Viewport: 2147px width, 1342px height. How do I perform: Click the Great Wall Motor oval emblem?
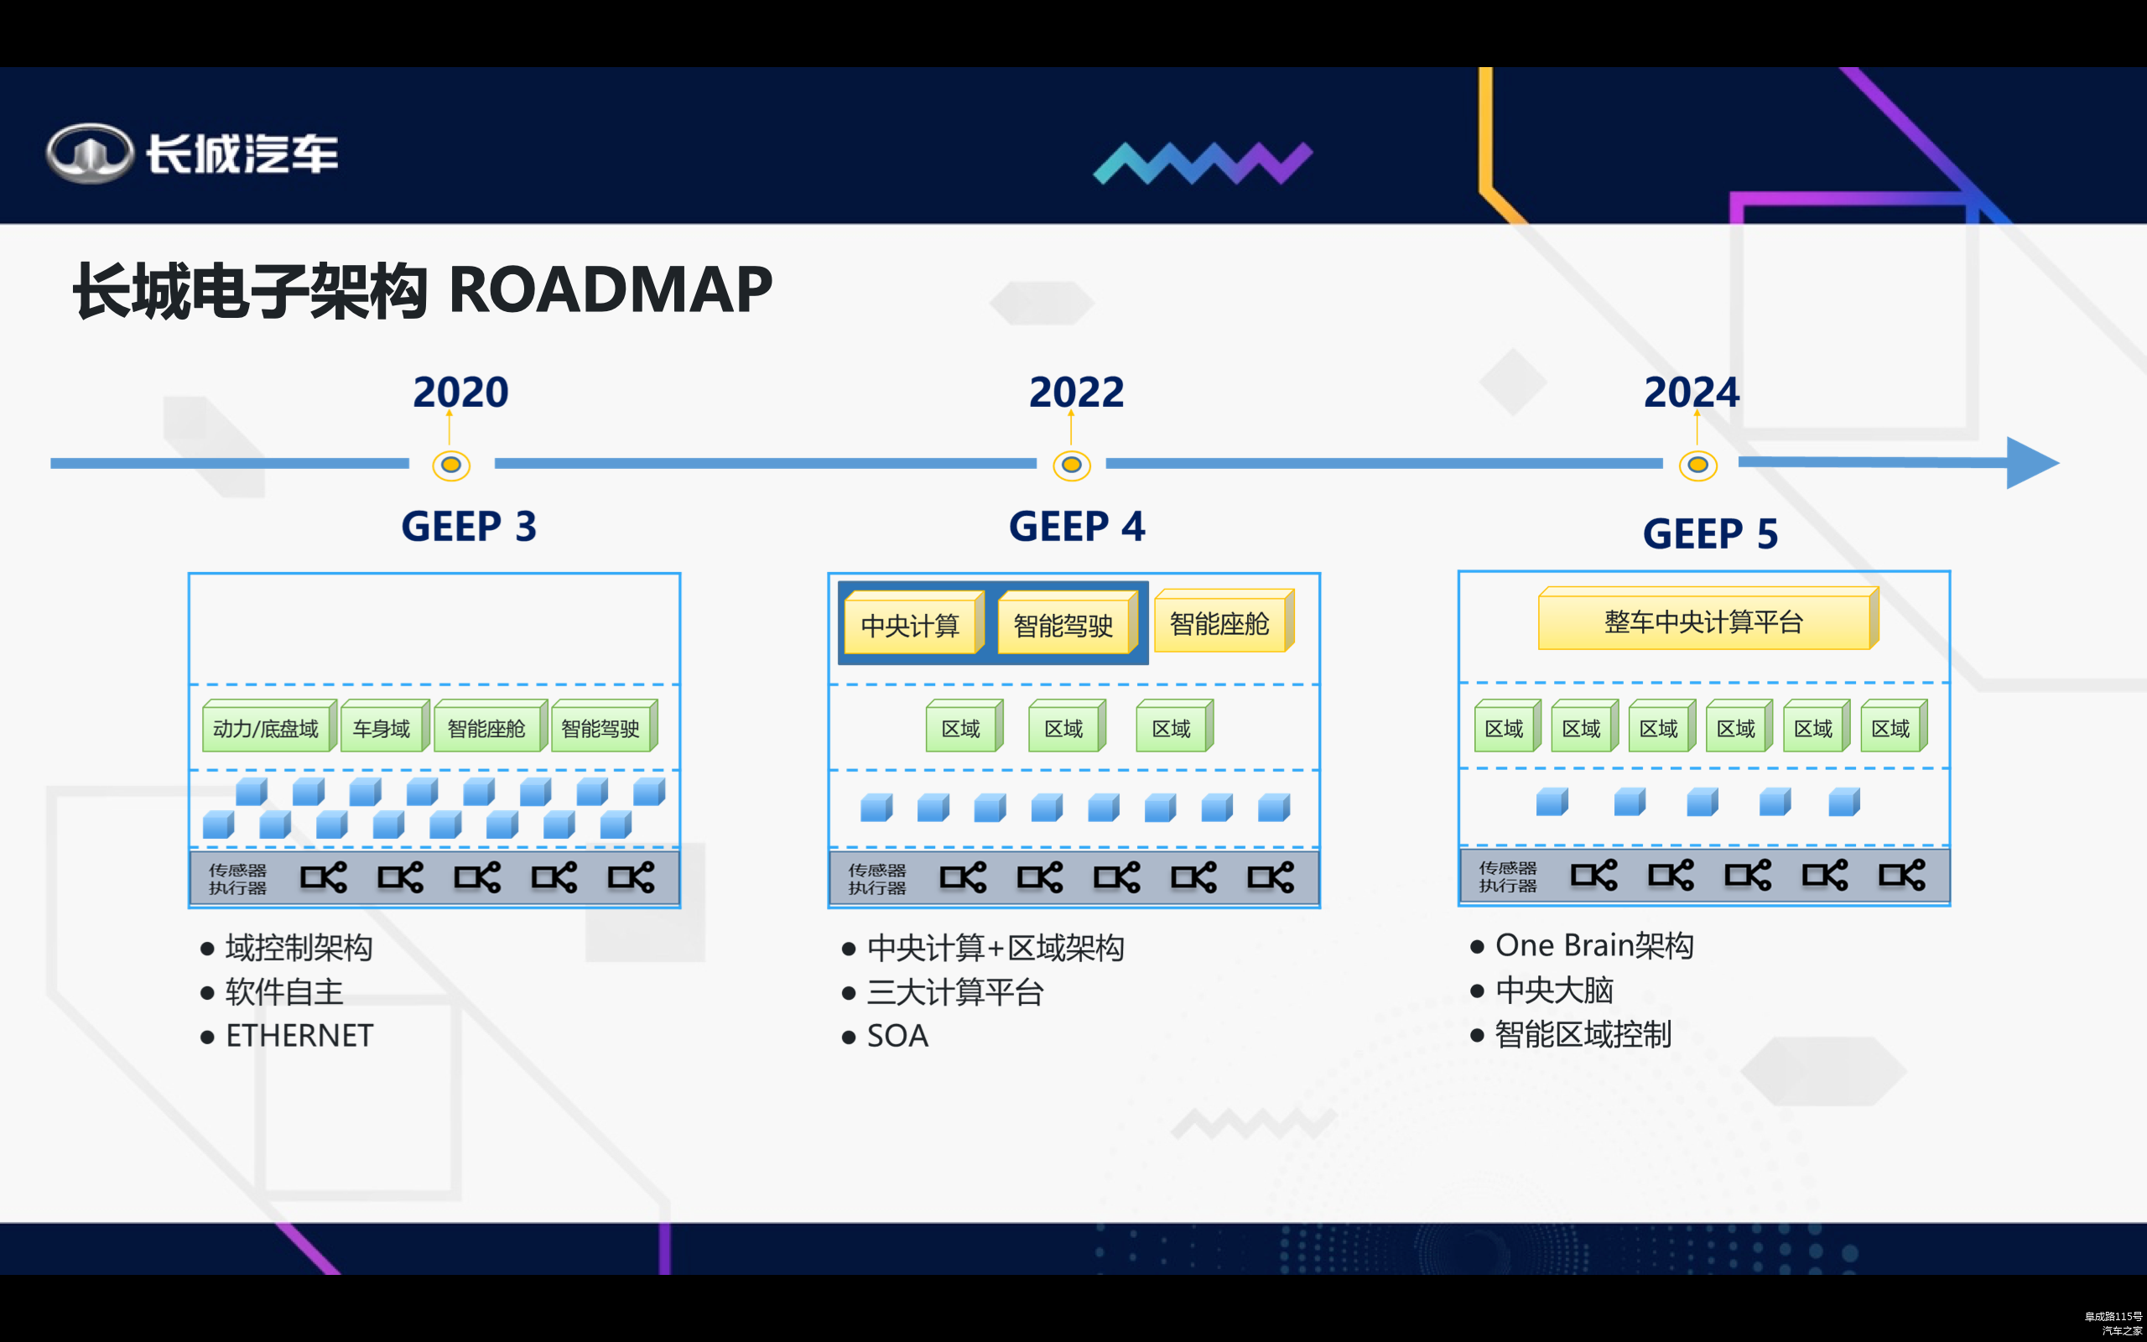point(90,153)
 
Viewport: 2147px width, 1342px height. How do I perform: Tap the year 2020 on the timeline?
point(460,393)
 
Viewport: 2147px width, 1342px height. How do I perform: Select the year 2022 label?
point(1076,393)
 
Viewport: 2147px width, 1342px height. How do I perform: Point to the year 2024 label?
point(1691,393)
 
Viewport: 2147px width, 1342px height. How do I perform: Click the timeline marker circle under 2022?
point(1072,465)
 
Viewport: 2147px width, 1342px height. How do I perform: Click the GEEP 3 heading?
point(469,527)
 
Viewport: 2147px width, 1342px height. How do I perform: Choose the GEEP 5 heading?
point(1709,533)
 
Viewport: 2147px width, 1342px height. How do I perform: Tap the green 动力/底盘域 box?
point(266,729)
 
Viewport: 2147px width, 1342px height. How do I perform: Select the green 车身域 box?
point(382,729)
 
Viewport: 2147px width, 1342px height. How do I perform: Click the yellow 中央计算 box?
point(910,626)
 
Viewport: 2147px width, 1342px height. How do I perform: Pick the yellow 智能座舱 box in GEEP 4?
point(1220,624)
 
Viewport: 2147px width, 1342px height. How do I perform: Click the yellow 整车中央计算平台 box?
point(1703,622)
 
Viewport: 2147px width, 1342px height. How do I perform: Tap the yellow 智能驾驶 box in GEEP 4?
point(1063,626)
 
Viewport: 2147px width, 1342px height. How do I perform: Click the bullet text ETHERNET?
point(300,1036)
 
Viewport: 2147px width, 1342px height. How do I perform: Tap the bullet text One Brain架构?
point(1594,945)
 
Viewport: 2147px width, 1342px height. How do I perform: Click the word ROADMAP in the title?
point(611,290)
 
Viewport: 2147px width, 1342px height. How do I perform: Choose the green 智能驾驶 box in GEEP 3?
point(600,729)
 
